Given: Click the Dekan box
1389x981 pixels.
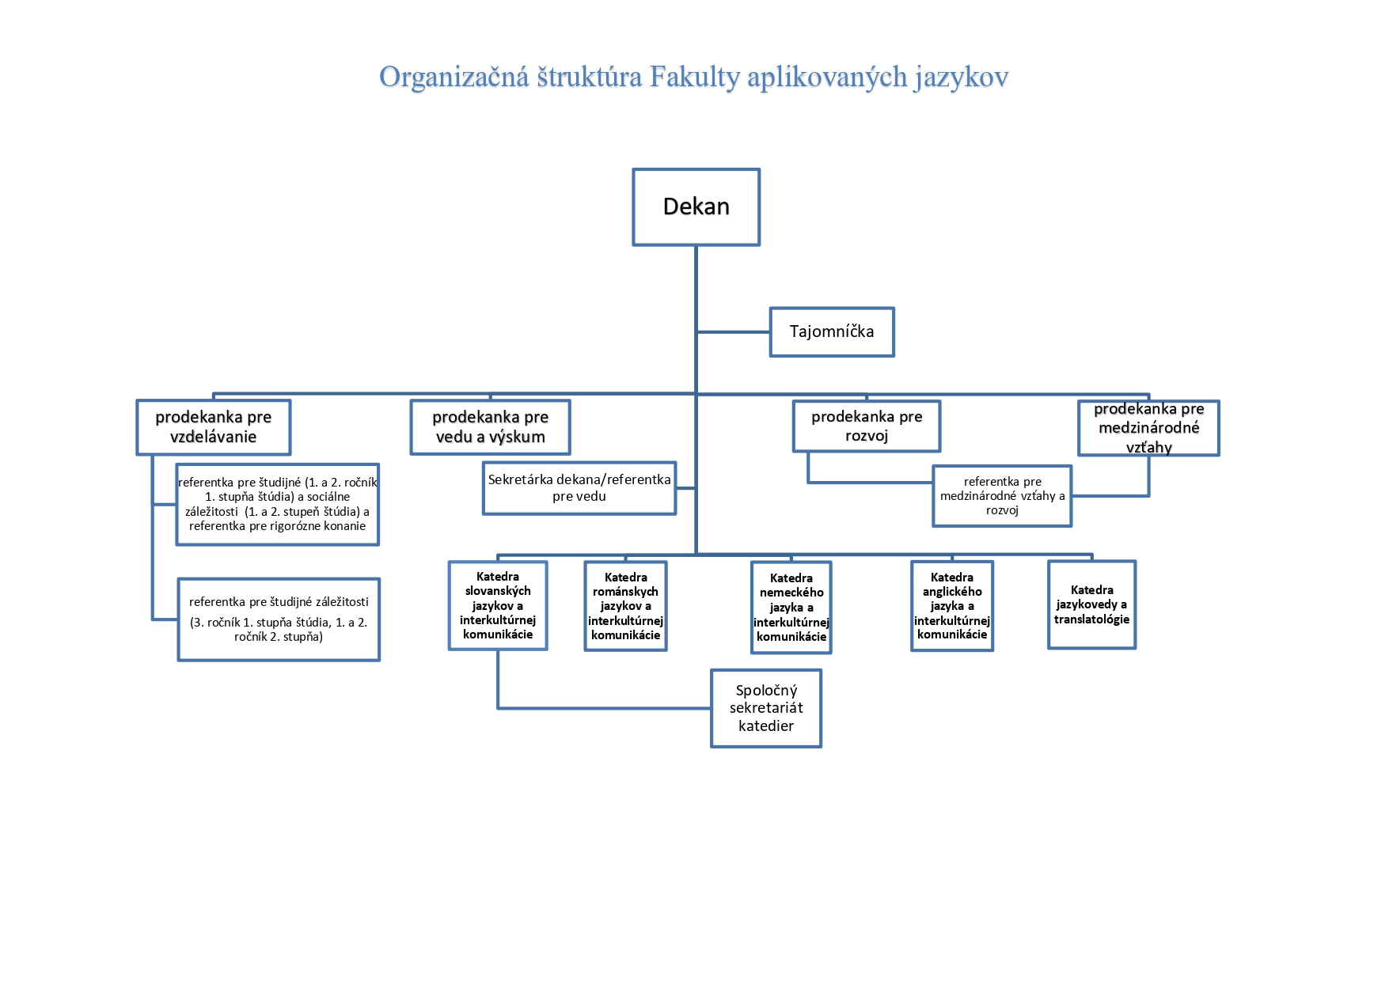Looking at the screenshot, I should tap(696, 206).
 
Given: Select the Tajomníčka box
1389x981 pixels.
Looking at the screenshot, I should tap(832, 331).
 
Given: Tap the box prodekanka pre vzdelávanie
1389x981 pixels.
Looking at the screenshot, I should tap(213, 427).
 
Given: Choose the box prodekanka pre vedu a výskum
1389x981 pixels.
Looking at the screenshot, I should tap(490, 427).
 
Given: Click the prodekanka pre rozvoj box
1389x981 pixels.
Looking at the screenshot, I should tap(867, 426).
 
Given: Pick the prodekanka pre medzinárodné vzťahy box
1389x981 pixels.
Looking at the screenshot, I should tap(1148, 428).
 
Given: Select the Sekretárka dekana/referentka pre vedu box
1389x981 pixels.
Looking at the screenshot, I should tap(579, 488).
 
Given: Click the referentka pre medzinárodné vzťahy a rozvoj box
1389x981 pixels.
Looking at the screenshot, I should tap(1002, 496).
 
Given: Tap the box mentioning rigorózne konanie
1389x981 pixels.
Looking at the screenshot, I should tap(278, 505).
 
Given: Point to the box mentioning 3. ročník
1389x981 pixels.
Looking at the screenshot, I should tap(279, 619).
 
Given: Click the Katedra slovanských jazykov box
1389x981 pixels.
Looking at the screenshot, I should tap(498, 605).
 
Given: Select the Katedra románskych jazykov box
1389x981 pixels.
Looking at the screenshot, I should tap(625, 606).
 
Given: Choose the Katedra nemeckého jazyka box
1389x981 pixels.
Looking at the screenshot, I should tap(791, 608).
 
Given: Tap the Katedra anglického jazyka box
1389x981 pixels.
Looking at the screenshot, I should tap(952, 606).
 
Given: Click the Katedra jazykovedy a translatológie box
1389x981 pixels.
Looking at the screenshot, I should tap(1091, 605).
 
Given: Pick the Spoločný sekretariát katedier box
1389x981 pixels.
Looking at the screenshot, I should tap(766, 708).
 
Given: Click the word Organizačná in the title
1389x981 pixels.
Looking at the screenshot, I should tap(454, 78).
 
